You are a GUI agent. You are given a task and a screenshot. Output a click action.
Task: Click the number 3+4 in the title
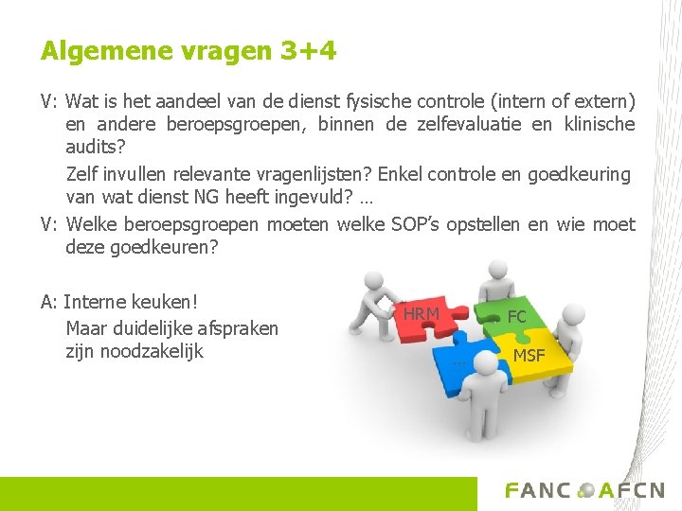point(308,50)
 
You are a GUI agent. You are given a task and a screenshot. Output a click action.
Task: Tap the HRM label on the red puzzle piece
point(422,313)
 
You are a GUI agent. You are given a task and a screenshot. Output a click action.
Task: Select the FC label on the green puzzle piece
point(516,316)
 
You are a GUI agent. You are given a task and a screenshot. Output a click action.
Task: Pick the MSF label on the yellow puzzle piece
point(529,356)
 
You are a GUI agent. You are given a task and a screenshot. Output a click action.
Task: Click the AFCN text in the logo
point(632,490)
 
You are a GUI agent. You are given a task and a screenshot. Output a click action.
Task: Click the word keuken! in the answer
point(163,303)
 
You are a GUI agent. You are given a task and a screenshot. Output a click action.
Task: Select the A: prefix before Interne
point(49,303)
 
